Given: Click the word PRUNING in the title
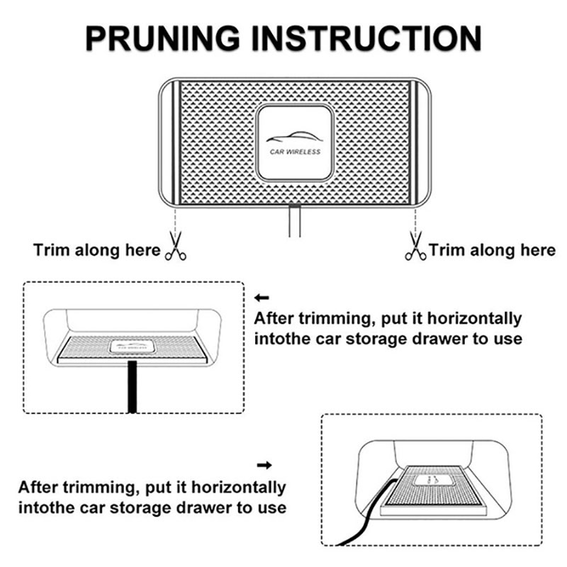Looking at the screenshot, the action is point(163,38).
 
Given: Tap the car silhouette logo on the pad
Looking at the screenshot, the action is point(294,137).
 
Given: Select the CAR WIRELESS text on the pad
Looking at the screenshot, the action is point(295,152).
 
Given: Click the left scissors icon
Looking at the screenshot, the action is point(176,246).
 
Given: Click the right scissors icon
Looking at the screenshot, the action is point(415,246).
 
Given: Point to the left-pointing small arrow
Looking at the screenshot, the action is point(262,298).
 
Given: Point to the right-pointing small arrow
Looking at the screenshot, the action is point(264,465).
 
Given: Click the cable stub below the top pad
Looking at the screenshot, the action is point(295,221).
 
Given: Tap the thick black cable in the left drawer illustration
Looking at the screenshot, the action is point(133,386).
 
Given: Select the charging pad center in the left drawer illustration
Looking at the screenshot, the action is point(132,347).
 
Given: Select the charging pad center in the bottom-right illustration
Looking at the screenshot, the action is point(432,481).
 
